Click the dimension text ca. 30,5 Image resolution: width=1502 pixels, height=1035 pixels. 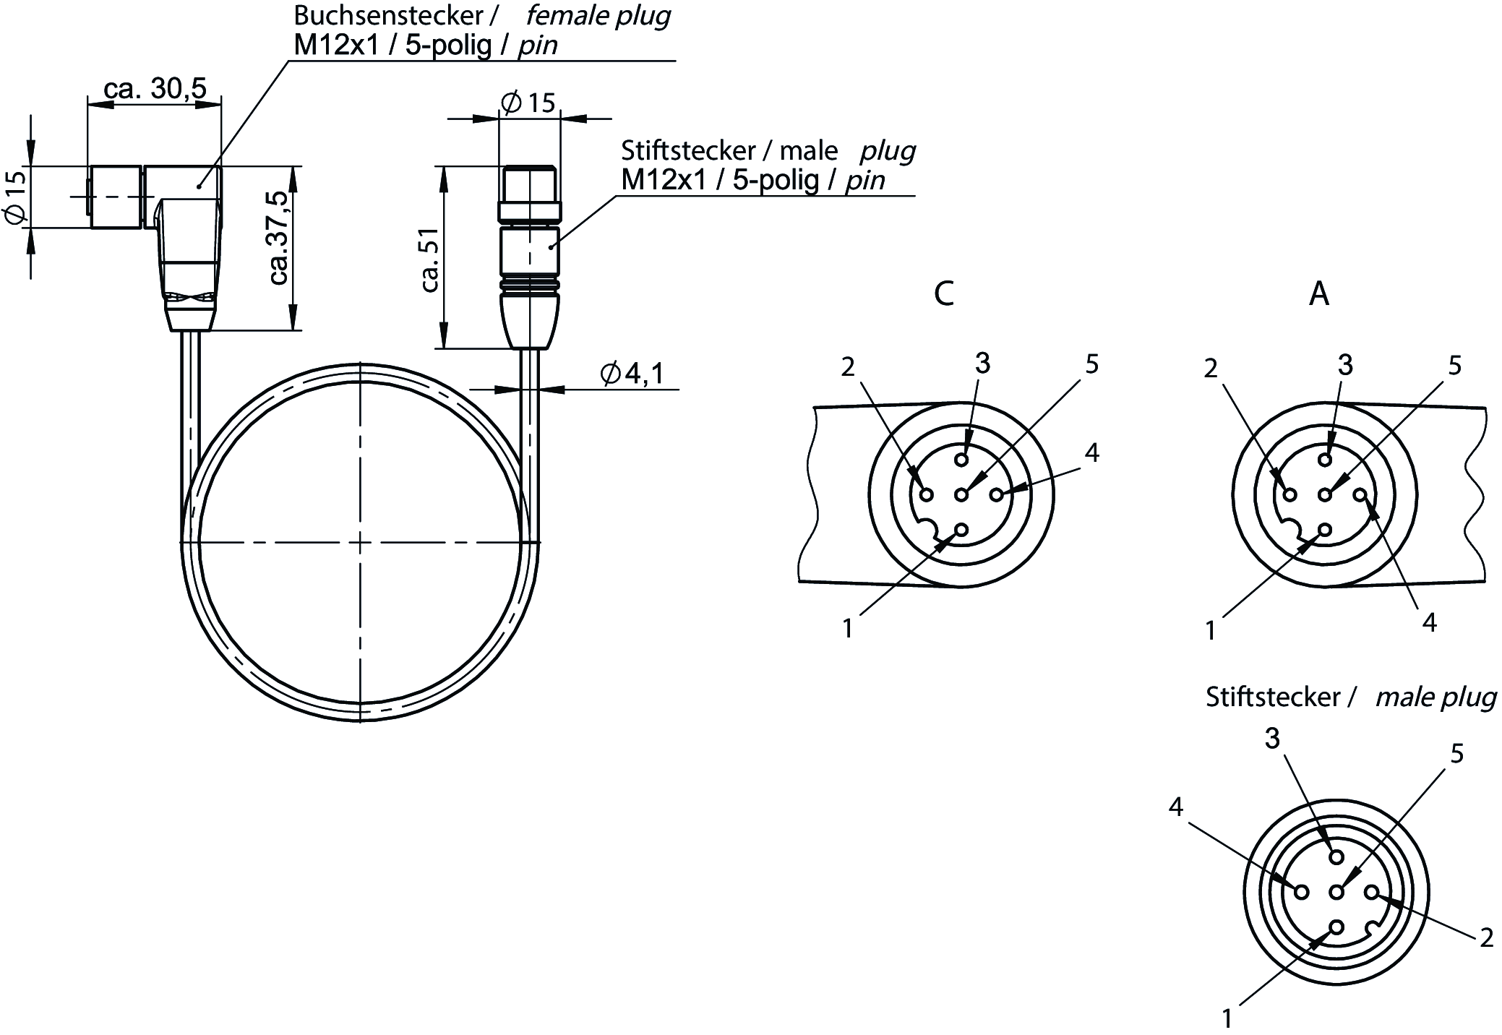(x=155, y=88)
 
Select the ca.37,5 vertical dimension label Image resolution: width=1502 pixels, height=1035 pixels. (x=278, y=238)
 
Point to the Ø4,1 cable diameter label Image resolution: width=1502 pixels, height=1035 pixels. (x=632, y=373)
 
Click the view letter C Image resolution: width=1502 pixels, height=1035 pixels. (x=944, y=293)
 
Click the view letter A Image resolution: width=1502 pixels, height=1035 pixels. (x=1319, y=294)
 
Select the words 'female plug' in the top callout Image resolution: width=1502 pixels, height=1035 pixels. (x=598, y=15)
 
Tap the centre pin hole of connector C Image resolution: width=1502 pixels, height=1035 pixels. (x=961, y=494)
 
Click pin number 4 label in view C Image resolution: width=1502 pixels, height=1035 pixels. (x=1091, y=452)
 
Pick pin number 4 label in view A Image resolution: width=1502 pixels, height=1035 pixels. (x=1429, y=622)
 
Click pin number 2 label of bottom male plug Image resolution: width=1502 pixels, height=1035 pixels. (x=1486, y=937)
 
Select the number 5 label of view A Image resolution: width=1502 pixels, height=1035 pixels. (x=1455, y=365)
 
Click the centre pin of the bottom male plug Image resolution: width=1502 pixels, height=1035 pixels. (x=1336, y=892)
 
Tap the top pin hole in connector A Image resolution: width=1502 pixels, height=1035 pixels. (x=1325, y=459)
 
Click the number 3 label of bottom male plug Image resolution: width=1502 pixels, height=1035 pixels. (x=1272, y=738)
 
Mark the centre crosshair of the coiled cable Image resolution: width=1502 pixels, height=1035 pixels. (x=360, y=541)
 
